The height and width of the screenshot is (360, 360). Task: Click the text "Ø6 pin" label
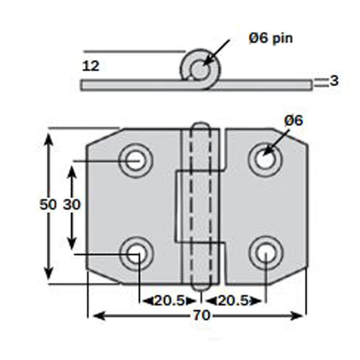[271, 38]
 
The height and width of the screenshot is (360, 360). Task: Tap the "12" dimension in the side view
[91, 66]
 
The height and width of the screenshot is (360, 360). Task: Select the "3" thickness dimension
[334, 81]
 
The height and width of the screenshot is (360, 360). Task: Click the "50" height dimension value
[48, 205]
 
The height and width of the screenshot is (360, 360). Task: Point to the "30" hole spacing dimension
[71, 205]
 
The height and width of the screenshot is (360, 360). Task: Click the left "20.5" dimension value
[170, 301]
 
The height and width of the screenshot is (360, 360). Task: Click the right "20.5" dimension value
[232, 301]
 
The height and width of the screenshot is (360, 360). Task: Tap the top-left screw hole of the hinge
[135, 160]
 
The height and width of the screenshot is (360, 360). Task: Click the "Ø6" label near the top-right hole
[294, 120]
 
